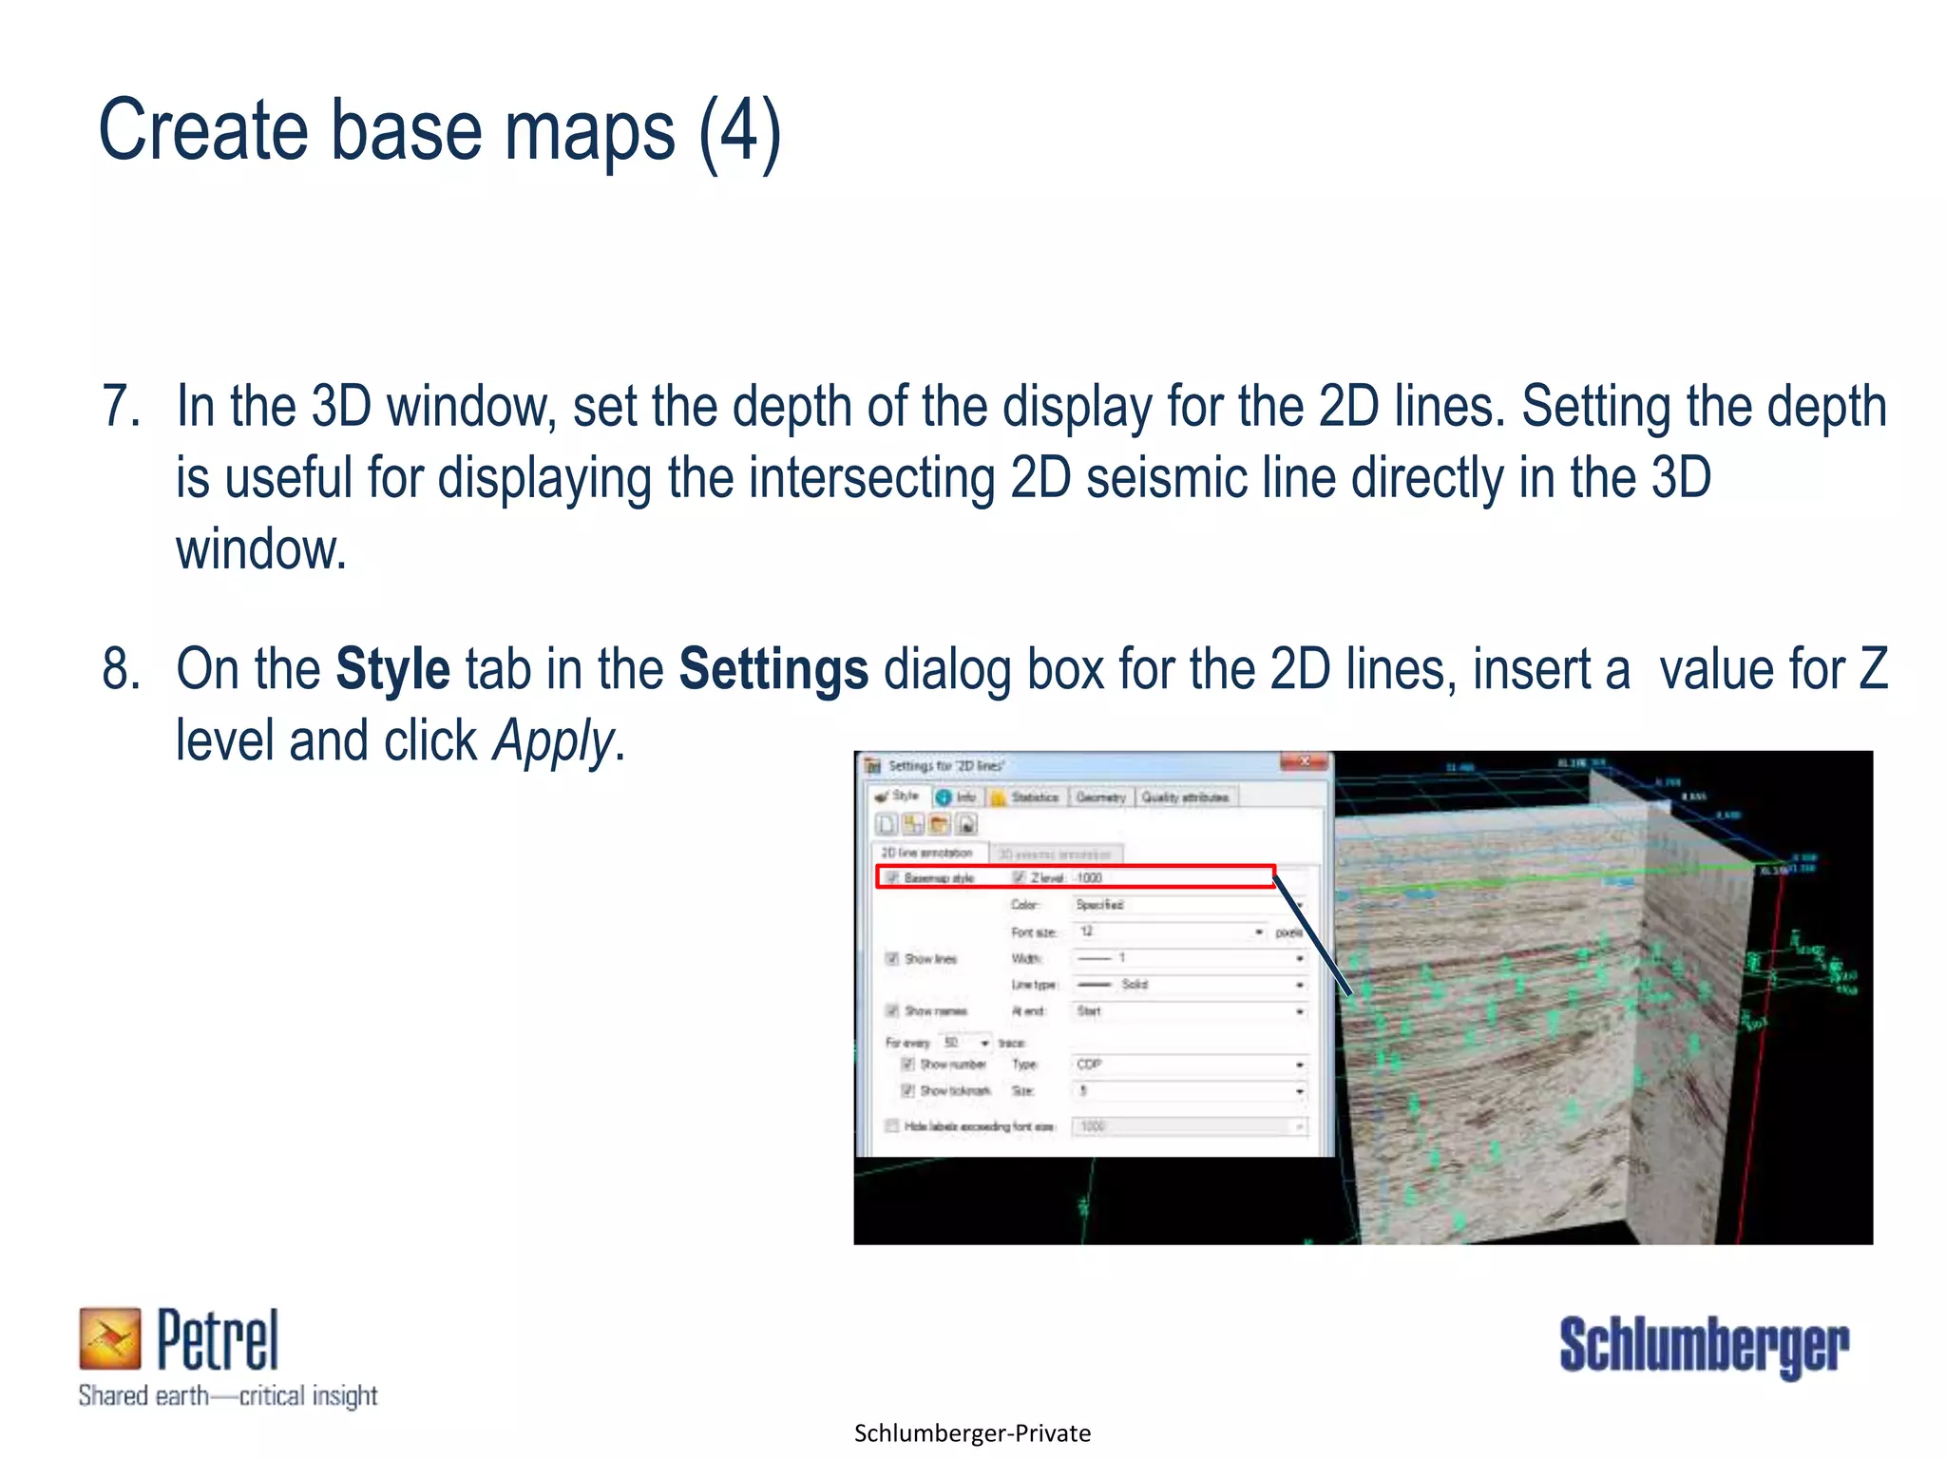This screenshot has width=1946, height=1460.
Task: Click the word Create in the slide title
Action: [x=202, y=131]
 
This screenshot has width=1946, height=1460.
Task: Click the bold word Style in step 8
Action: [x=392, y=669]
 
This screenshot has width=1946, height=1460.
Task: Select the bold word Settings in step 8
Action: [x=773, y=669]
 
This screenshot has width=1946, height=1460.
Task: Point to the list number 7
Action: [x=121, y=407]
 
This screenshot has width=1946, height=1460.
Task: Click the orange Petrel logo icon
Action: [x=109, y=1338]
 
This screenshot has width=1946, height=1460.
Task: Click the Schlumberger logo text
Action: [x=1704, y=1346]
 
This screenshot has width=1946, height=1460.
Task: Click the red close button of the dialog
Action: [x=1305, y=762]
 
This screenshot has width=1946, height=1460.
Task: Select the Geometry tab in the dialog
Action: [x=1100, y=797]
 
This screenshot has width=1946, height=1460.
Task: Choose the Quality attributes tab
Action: [x=1185, y=797]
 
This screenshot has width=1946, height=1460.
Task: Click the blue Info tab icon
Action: [x=944, y=797]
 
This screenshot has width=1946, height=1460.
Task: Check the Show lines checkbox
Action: [x=892, y=958]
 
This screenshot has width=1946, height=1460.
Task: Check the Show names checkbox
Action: [x=892, y=1010]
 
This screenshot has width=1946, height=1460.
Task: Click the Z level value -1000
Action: [x=1089, y=878]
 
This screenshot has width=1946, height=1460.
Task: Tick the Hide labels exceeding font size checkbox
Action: [x=892, y=1126]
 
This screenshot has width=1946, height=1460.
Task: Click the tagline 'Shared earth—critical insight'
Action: [x=228, y=1396]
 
